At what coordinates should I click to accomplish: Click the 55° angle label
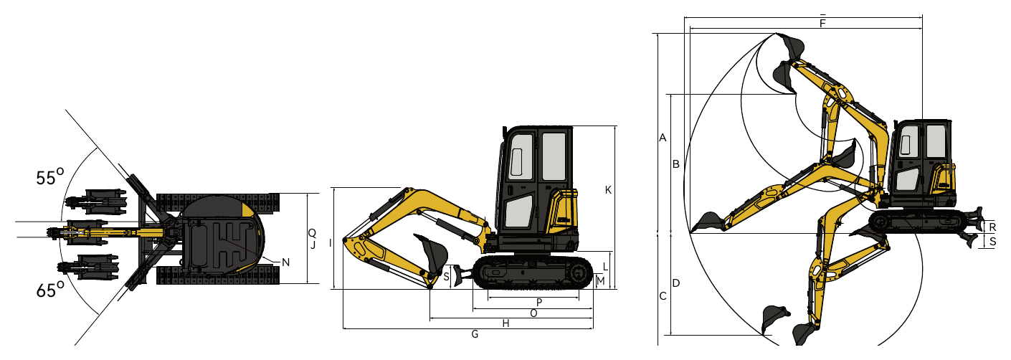[49, 177]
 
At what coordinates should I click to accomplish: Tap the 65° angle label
[49, 290]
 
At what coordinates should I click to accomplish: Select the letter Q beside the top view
[312, 233]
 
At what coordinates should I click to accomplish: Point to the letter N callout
[285, 262]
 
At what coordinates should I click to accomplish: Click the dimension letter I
[331, 243]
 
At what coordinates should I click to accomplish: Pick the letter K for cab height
[608, 190]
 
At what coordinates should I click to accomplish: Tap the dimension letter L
[605, 267]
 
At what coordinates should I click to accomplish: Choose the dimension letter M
[600, 282]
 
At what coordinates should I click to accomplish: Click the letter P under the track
[539, 303]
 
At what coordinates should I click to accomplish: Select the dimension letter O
[533, 313]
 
